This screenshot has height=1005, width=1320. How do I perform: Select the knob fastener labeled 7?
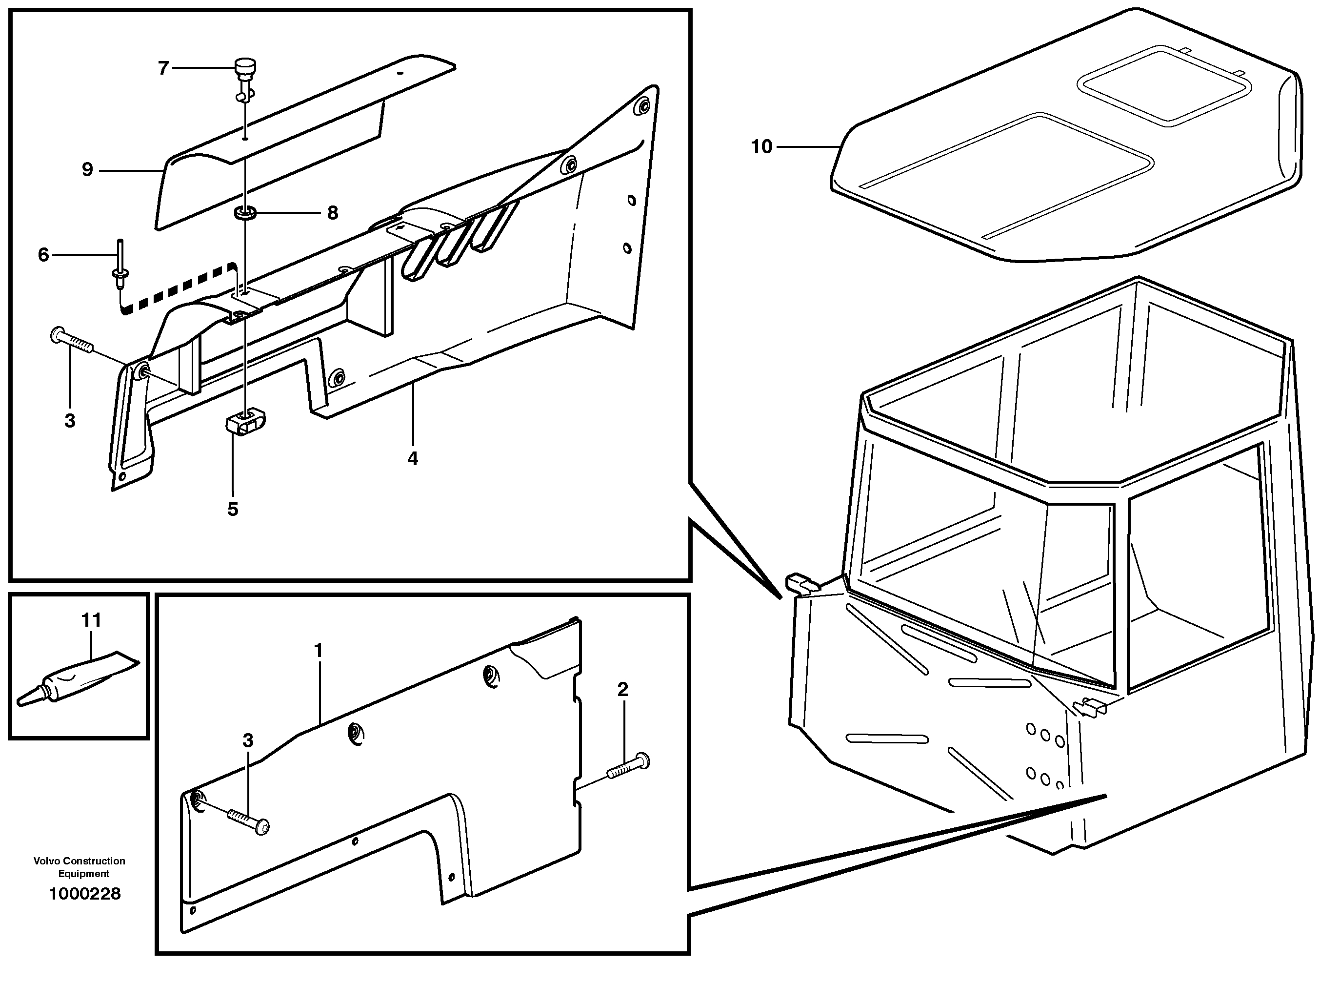[x=245, y=75]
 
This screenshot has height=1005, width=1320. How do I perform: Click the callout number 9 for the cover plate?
[x=87, y=170]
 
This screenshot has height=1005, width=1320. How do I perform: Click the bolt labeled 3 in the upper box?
[x=73, y=342]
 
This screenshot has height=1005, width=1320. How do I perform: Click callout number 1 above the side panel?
[x=318, y=650]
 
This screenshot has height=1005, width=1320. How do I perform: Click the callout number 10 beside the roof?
[x=761, y=146]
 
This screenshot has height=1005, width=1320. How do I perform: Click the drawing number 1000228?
[x=84, y=894]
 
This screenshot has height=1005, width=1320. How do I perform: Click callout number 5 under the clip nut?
[x=233, y=509]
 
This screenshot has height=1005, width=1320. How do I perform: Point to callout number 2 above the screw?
[x=622, y=689]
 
